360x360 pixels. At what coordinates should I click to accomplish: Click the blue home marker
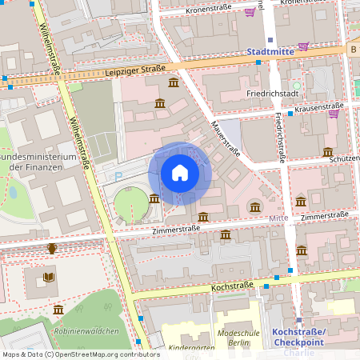(x=180, y=173)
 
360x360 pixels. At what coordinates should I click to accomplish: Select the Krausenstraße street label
(x=318, y=106)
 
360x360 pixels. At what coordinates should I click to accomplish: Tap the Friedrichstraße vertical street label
(x=280, y=137)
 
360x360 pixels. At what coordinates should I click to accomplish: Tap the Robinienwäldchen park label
(x=86, y=331)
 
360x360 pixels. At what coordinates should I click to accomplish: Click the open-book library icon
(x=49, y=277)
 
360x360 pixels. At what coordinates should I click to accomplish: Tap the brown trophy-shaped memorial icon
(x=52, y=248)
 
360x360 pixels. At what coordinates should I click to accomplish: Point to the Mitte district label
(x=278, y=218)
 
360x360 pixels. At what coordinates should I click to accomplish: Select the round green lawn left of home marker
(x=130, y=204)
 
